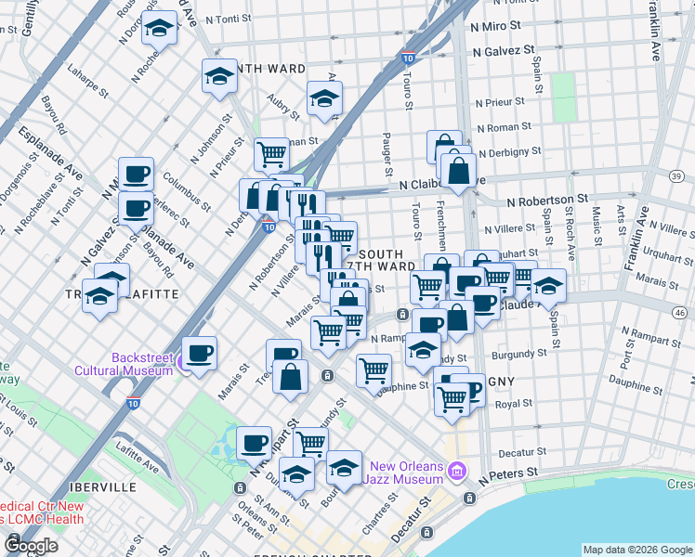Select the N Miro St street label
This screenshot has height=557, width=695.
503,30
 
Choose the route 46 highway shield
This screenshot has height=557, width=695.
681,315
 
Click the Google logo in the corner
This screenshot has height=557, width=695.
32,545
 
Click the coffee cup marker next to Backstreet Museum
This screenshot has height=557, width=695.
199,353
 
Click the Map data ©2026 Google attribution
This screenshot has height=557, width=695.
636,550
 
